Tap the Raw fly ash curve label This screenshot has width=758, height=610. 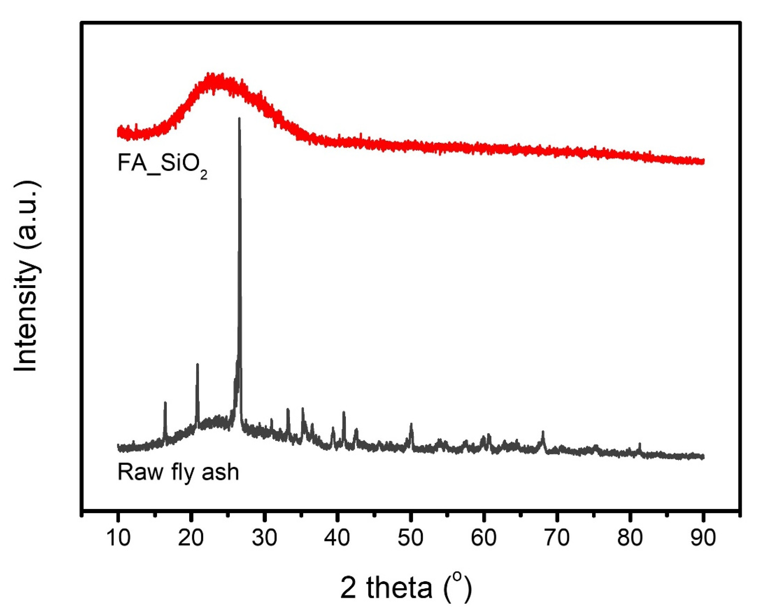(x=178, y=472)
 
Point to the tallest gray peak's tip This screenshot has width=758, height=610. (x=239, y=119)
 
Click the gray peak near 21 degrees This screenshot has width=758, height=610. (x=197, y=365)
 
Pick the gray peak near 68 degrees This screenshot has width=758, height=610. (x=543, y=432)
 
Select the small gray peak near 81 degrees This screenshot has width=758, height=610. (x=640, y=444)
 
